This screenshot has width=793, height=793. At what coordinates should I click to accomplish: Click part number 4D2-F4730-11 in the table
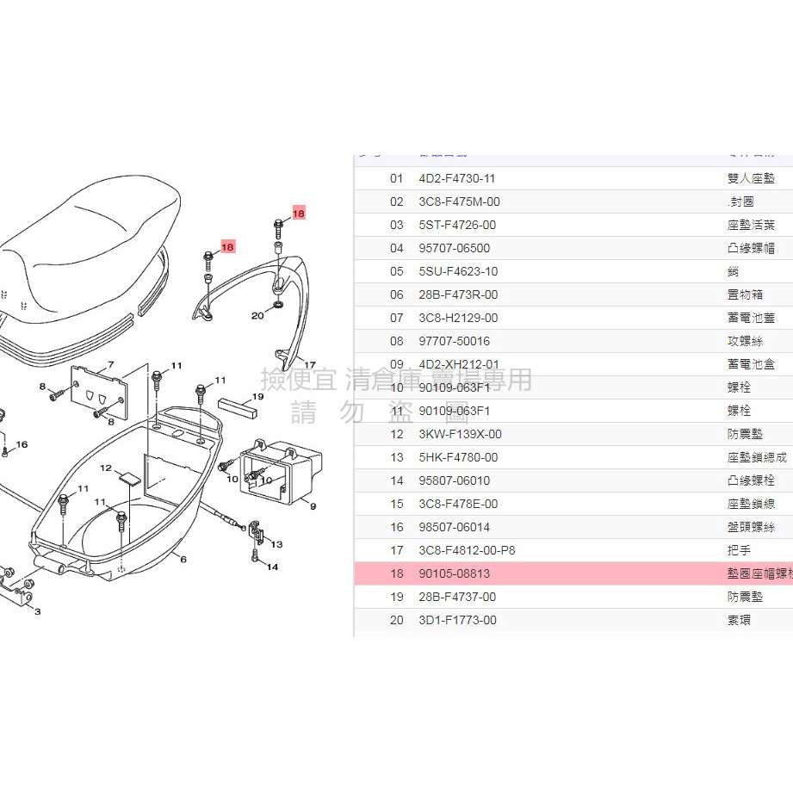(x=456, y=179)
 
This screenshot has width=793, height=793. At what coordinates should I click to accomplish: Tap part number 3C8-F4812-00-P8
(x=467, y=551)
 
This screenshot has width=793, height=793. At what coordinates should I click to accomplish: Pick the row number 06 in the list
(x=396, y=295)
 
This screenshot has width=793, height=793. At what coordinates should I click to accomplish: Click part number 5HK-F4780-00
(x=458, y=458)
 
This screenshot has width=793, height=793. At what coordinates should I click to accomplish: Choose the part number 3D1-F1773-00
(x=457, y=621)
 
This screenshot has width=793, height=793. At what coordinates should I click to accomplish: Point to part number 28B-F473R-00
(x=458, y=295)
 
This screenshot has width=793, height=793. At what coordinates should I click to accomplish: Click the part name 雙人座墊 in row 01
(x=750, y=179)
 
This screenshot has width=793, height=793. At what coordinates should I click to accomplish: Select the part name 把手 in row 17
(x=739, y=551)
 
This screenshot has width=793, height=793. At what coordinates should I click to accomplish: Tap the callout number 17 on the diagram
(x=310, y=365)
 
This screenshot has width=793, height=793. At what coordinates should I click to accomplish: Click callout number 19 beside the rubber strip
(x=257, y=397)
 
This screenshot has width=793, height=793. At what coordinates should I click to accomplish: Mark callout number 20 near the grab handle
(x=257, y=315)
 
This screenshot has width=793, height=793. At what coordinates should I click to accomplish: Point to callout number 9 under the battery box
(x=313, y=506)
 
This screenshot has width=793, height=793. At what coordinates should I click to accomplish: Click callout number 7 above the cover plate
(x=111, y=365)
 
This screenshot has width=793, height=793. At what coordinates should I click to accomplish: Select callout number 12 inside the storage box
(x=107, y=469)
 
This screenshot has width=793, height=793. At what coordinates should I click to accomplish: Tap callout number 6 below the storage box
(x=183, y=559)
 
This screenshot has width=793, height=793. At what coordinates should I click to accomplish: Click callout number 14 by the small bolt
(x=272, y=567)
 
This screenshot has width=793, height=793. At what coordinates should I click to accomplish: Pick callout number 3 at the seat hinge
(x=37, y=611)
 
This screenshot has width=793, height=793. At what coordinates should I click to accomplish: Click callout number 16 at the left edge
(x=22, y=444)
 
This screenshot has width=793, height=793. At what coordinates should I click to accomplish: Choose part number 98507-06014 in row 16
(x=456, y=528)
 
